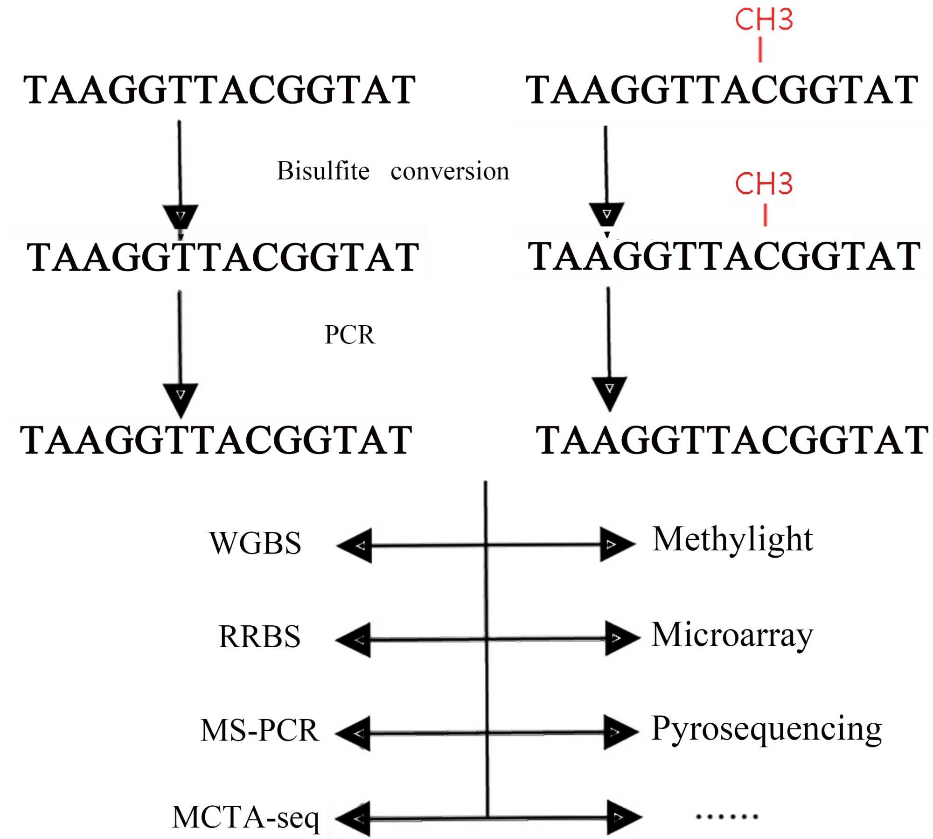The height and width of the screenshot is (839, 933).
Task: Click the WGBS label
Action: (255, 543)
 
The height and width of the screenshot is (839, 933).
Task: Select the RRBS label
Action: (259, 636)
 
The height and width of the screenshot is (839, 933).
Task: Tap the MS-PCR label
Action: (260, 730)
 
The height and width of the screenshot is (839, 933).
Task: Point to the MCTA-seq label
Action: (246, 818)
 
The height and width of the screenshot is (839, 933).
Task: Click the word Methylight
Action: (732, 540)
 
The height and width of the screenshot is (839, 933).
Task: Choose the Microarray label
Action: (732, 636)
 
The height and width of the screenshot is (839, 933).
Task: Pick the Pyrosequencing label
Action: (766, 729)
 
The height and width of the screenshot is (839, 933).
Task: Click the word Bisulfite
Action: (323, 170)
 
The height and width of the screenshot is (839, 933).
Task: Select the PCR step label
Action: (350, 335)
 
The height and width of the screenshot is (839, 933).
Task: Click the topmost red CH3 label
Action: (764, 20)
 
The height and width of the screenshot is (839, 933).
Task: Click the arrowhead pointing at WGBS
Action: (354, 545)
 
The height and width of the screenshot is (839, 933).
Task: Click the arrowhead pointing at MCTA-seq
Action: (353, 819)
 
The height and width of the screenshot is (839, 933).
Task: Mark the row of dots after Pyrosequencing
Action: (727, 817)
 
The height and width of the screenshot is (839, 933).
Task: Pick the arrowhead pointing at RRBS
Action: (353, 640)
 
